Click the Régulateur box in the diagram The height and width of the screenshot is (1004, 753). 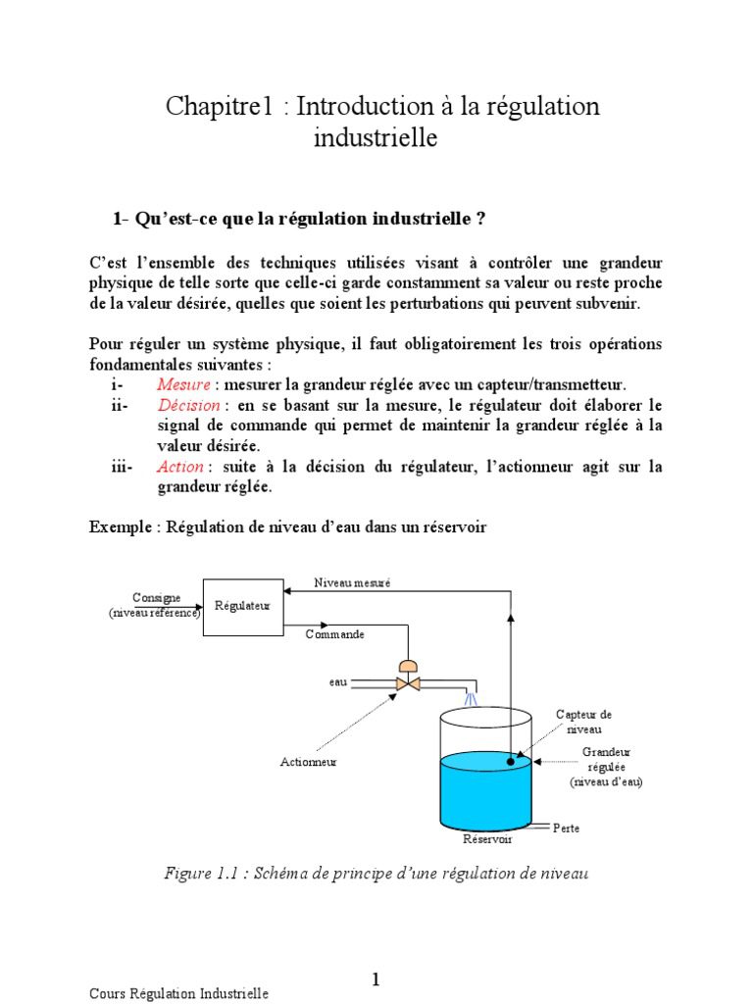(x=242, y=607)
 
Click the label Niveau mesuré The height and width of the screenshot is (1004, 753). (x=352, y=582)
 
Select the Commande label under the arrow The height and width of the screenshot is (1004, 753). (x=334, y=634)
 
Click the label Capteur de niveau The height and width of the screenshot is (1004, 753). (x=583, y=722)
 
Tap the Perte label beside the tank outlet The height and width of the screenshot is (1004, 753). (x=566, y=828)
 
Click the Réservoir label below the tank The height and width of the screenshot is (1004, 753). (x=487, y=839)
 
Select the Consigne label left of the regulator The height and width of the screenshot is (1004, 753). (x=156, y=597)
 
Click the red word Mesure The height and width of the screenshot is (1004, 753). (x=182, y=384)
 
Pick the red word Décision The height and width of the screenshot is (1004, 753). (x=188, y=405)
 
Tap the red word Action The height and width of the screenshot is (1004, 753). (x=180, y=467)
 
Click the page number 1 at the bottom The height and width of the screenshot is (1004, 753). (x=376, y=979)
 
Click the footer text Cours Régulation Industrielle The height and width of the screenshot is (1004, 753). (x=178, y=993)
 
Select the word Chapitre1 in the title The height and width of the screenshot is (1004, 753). (x=218, y=107)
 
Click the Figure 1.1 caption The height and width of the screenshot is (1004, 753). (x=376, y=873)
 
